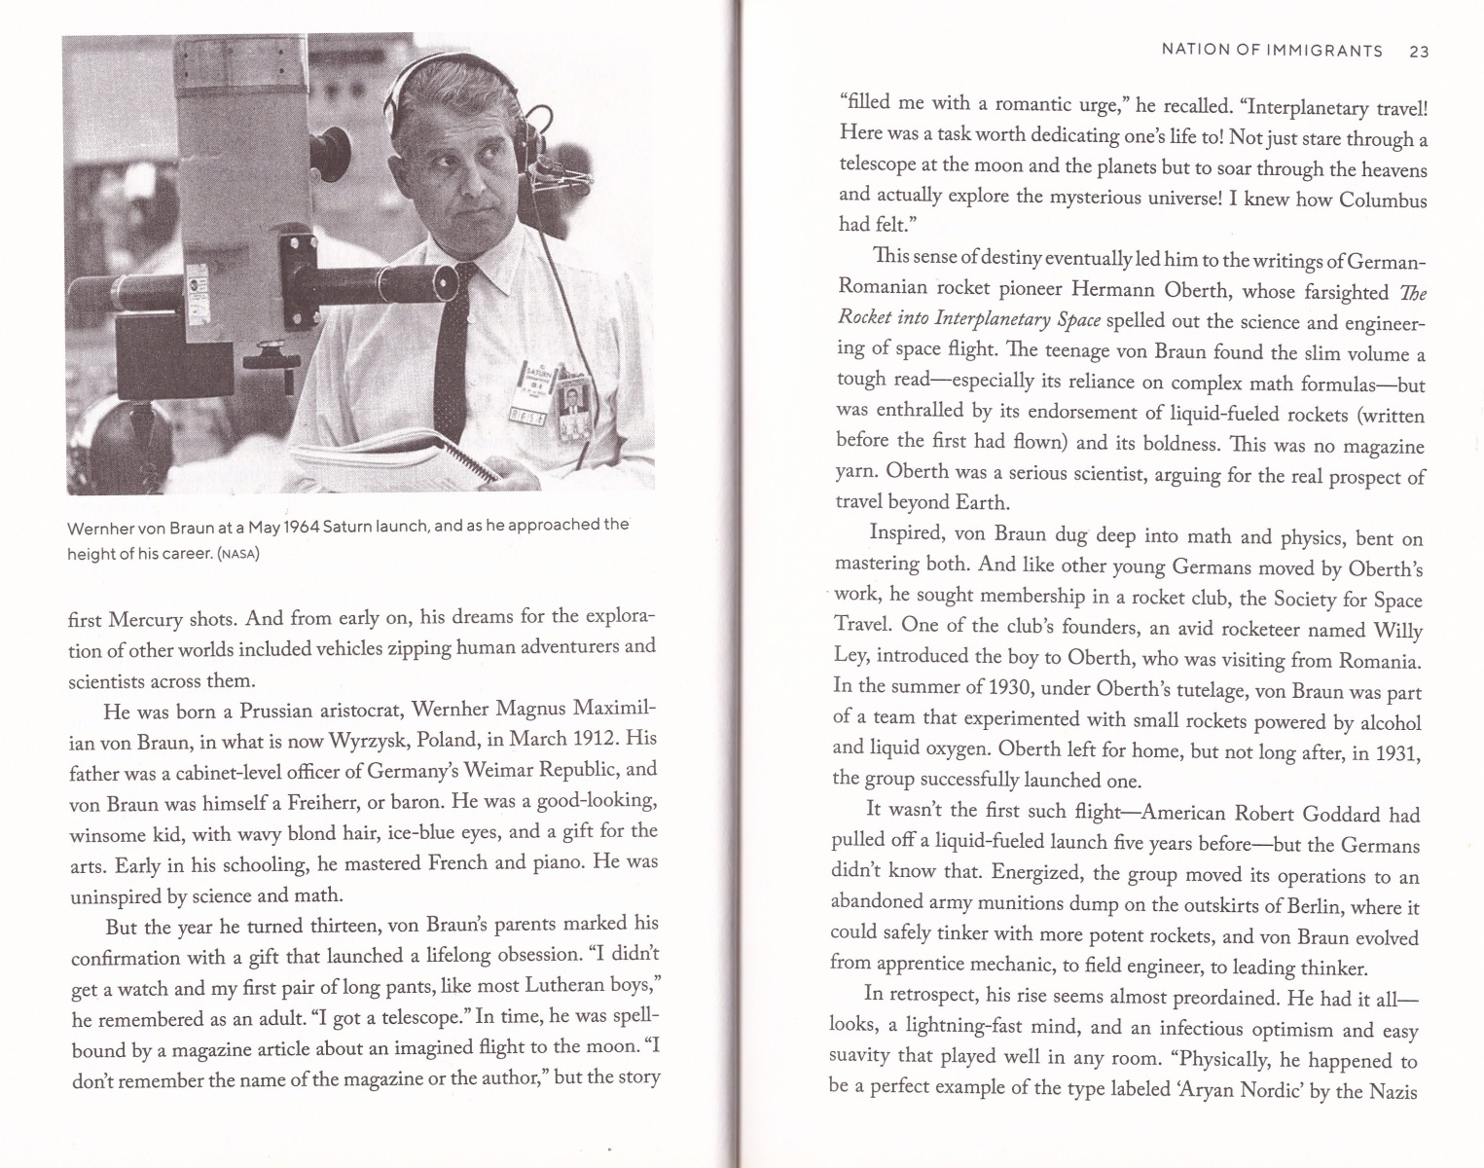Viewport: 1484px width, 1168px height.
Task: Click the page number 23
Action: point(1418,52)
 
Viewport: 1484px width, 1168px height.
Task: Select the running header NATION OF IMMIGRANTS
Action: point(1272,51)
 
